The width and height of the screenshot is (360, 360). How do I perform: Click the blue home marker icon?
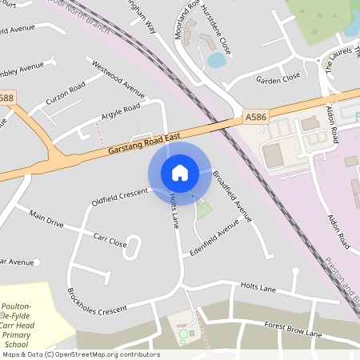[x=179, y=173]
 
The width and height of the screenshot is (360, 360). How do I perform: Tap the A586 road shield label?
[x=256, y=117]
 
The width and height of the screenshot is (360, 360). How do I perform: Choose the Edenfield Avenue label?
[x=210, y=240]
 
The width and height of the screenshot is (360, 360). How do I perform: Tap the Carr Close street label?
[x=110, y=241]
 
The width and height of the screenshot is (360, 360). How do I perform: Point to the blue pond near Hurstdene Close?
[x=216, y=60]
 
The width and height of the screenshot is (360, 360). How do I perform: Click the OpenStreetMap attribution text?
[x=80, y=354]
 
